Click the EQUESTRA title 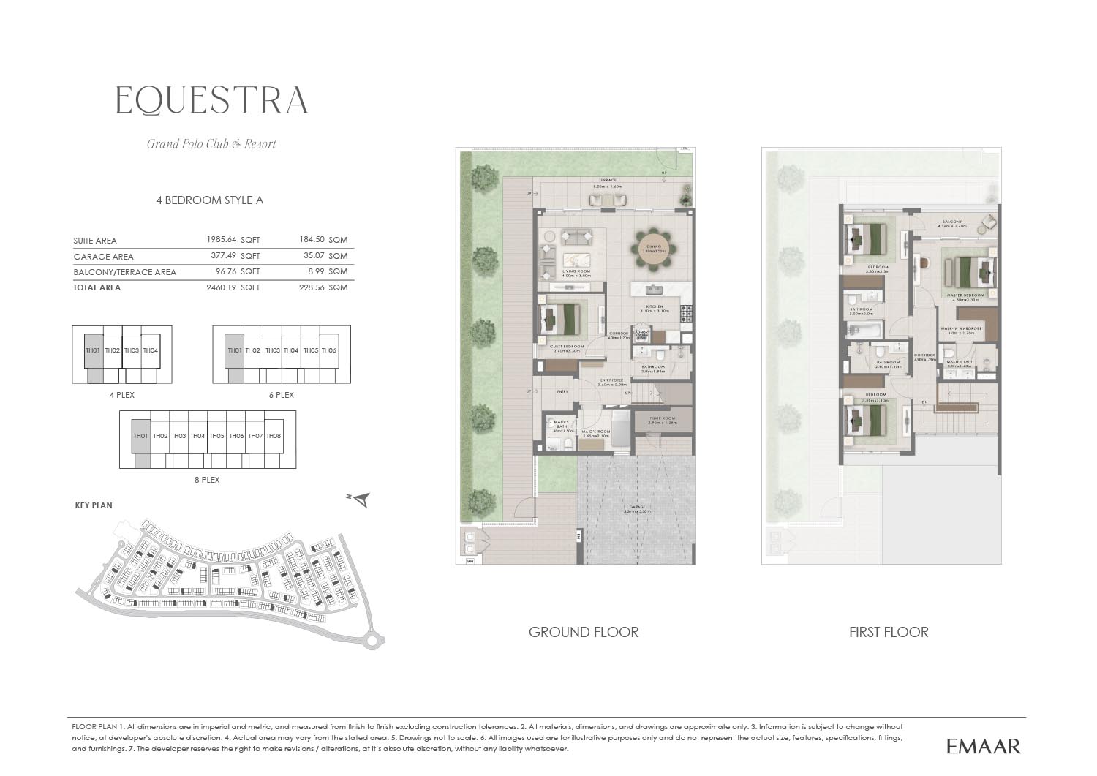[x=212, y=101]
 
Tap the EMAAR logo [x=983, y=746]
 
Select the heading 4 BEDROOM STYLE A [x=209, y=200]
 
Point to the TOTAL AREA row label [x=97, y=287]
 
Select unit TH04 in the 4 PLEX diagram [x=151, y=350]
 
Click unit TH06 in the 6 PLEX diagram [x=329, y=350]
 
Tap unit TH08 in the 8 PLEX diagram [x=274, y=436]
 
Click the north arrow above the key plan [x=361, y=500]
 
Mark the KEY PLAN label [x=94, y=505]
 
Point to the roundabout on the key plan [x=374, y=641]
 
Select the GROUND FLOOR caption [x=584, y=632]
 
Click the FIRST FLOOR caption [x=889, y=632]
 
